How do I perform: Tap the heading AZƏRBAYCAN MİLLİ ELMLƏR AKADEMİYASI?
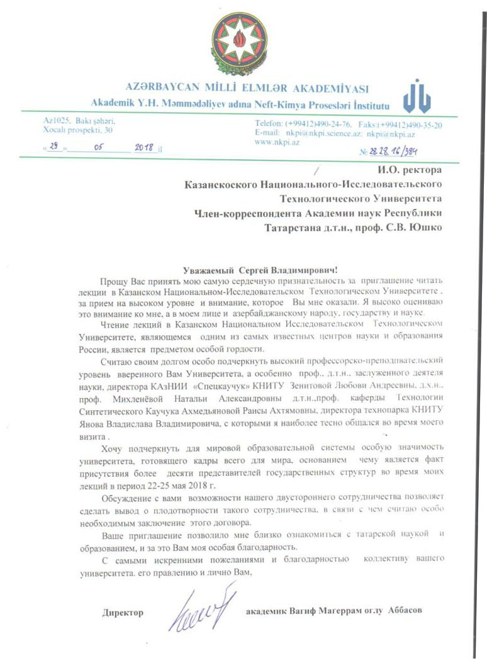(x=247, y=88)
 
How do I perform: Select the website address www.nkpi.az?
(x=277, y=142)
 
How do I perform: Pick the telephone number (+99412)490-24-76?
(x=321, y=124)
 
